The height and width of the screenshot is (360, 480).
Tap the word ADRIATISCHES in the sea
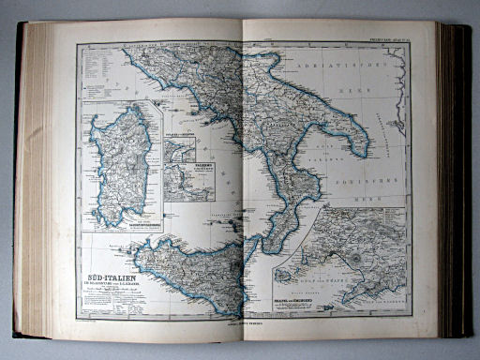tap(333, 67)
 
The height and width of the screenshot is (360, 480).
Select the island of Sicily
tap(187, 272)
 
